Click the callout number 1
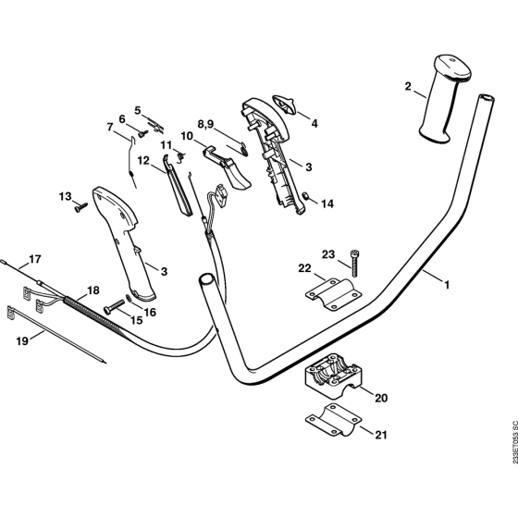(447, 285)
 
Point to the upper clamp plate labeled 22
(334, 295)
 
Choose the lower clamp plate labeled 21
(334, 420)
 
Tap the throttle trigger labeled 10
(228, 168)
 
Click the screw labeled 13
(81, 207)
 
